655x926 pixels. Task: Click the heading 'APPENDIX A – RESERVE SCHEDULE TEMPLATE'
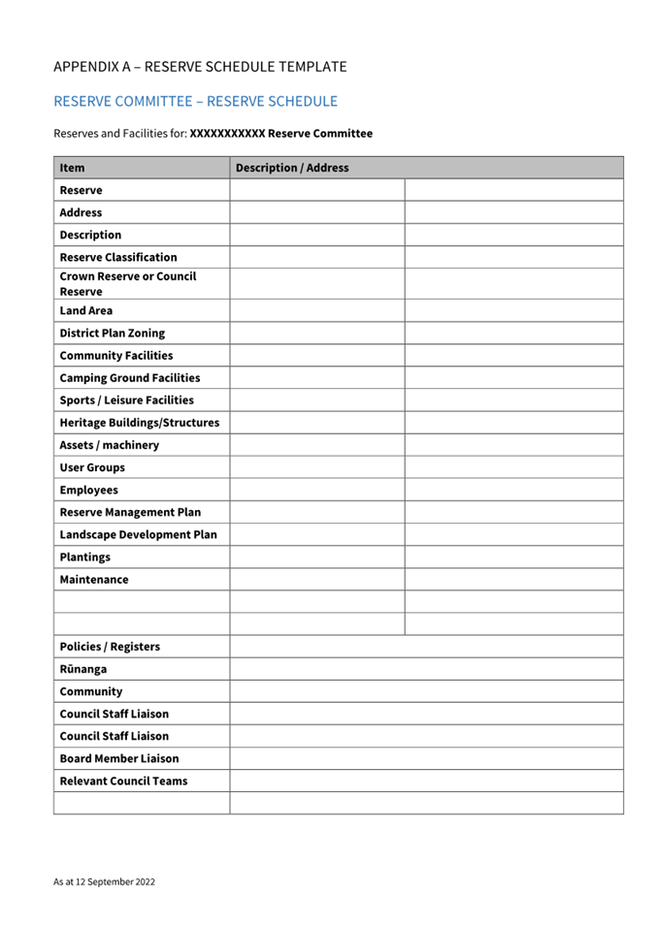click(x=200, y=67)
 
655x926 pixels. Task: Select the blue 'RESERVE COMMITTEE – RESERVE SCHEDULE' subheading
click(x=196, y=101)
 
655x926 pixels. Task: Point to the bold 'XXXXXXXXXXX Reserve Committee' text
click(x=280, y=134)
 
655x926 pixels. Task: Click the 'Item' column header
click(x=72, y=168)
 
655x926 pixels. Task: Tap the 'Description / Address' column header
click(x=292, y=168)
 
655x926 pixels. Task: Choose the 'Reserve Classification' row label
click(x=118, y=257)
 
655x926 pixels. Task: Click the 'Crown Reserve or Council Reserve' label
click(x=128, y=283)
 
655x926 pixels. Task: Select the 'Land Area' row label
click(x=86, y=310)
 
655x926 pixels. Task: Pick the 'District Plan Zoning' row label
click(x=113, y=333)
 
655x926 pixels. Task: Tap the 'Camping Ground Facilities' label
click(x=130, y=377)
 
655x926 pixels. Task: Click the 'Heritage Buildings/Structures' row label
click(x=140, y=423)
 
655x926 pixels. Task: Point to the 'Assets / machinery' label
click(x=110, y=445)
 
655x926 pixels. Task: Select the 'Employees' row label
click(x=89, y=490)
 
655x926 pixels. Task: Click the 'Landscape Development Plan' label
click(x=139, y=534)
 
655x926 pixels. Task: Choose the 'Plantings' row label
click(x=85, y=557)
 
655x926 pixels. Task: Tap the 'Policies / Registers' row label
click(x=110, y=646)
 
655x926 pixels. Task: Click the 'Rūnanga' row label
click(x=83, y=669)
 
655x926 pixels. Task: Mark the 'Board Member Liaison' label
click(x=119, y=758)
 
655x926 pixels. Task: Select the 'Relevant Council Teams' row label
click(x=124, y=781)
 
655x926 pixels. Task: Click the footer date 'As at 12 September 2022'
click(x=104, y=882)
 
